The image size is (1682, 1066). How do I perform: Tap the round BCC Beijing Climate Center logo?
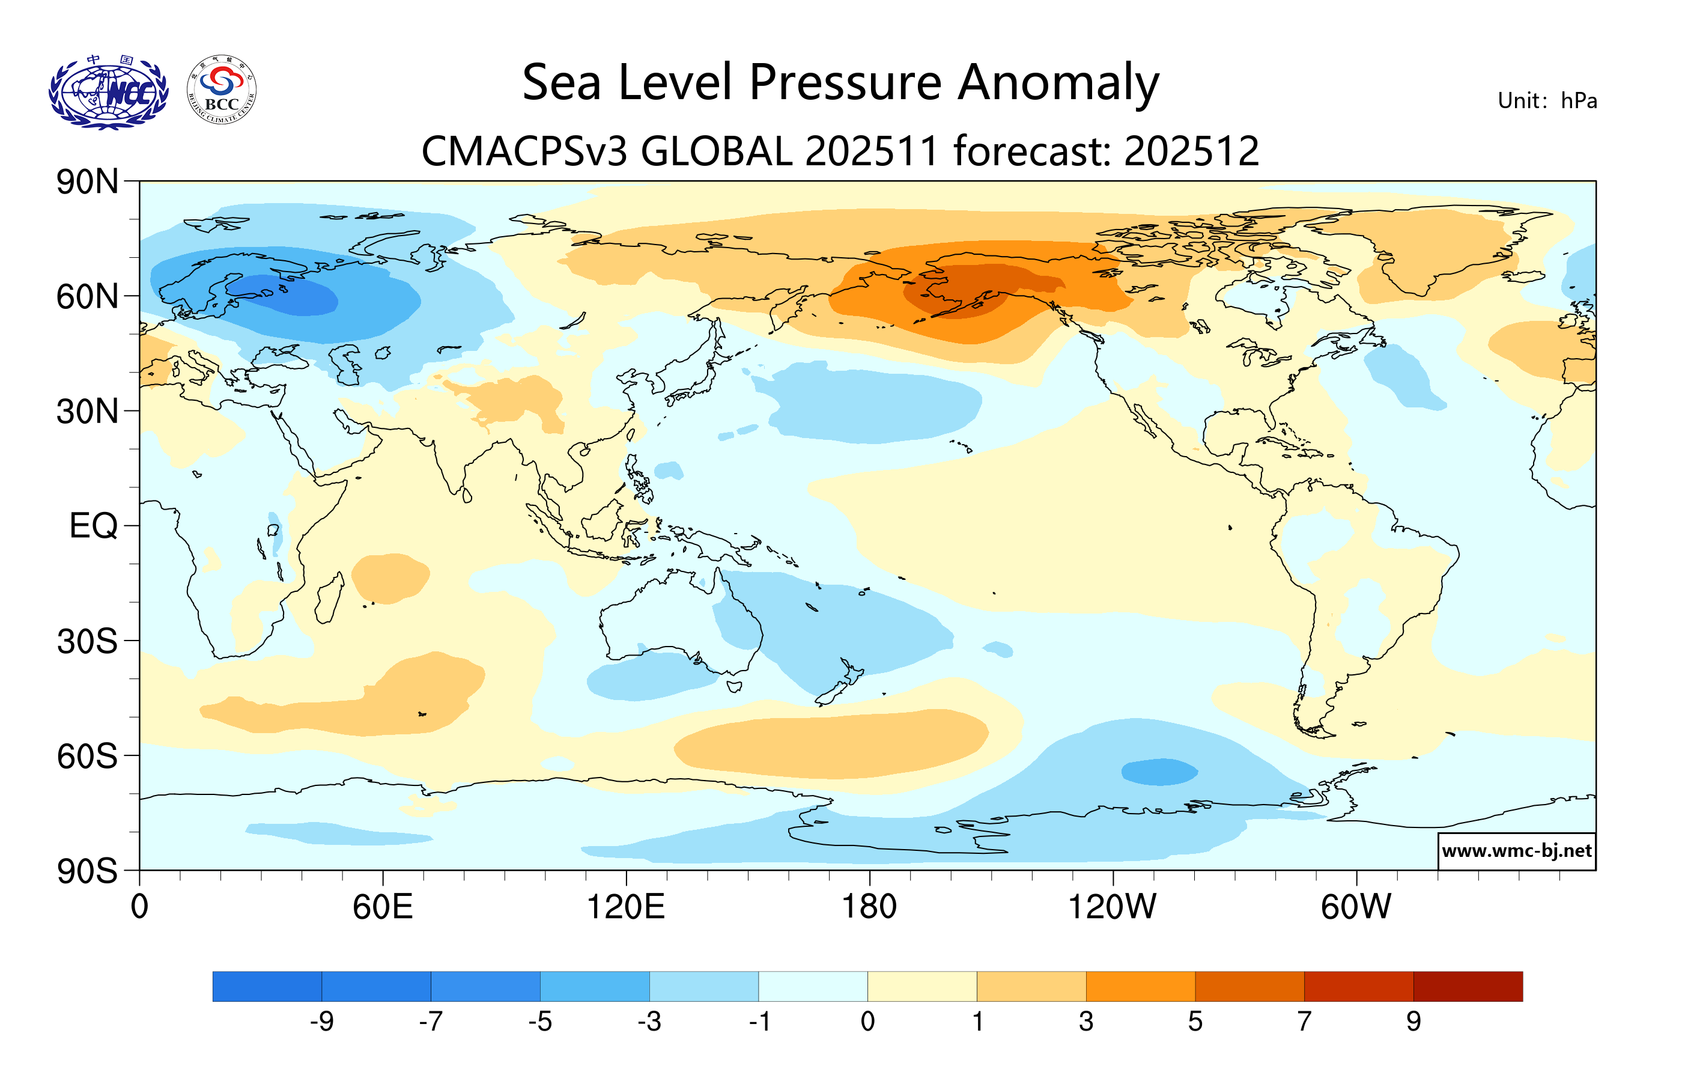(222, 90)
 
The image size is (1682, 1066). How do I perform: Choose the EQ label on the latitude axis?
(93, 525)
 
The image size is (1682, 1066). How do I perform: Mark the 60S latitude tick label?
(87, 756)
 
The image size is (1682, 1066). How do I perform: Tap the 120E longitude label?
(625, 907)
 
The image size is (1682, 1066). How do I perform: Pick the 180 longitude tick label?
(869, 907)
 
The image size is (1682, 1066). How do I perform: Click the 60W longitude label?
(1356, 907)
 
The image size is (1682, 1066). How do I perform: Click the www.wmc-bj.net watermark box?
(1516, 851)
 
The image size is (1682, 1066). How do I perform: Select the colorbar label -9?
(322, 1022)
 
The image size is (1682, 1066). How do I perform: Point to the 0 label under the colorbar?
(867, 1022)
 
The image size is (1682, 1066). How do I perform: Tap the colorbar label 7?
(1304, 1022)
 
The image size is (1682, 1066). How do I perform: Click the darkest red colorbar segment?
(1468, 985)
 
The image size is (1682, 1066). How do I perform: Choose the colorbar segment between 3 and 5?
(1140, 985)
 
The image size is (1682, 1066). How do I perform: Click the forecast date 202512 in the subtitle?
(1192, 151)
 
